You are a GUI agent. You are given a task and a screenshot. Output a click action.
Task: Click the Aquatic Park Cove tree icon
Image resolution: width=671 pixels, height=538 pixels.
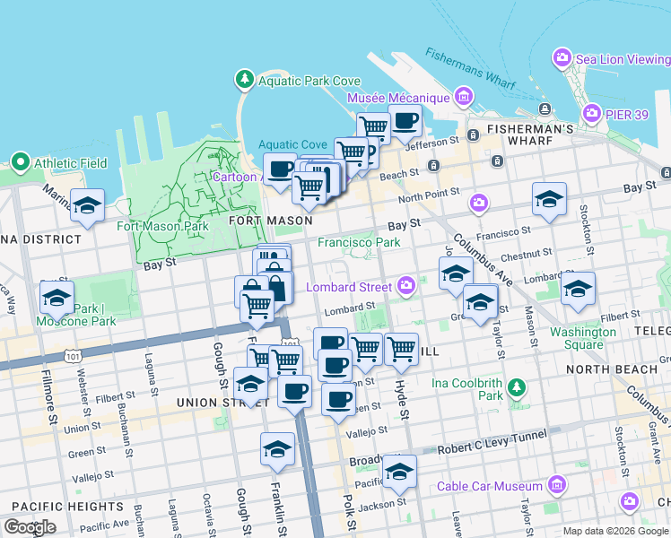pos(244,81)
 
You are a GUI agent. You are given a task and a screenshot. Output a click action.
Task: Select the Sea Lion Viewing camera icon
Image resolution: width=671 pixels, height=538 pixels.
pos(562,58)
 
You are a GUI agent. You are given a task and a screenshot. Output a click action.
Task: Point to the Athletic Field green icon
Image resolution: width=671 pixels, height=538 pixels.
pos(21,162)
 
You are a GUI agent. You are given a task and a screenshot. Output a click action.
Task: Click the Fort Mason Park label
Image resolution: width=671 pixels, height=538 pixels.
pos(162,226)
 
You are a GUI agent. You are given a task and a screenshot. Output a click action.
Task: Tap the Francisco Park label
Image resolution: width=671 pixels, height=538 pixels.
pos(359,242)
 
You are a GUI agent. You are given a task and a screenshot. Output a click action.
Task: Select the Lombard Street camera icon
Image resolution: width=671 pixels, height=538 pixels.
pos(407,286)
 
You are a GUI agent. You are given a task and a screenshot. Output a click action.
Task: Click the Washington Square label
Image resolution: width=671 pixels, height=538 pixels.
pos(583,338)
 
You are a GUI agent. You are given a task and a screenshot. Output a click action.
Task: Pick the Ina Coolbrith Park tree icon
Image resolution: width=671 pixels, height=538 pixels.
pos(516,387)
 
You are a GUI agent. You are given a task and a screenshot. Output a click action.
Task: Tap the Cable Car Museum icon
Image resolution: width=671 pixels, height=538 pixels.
pos(557,486)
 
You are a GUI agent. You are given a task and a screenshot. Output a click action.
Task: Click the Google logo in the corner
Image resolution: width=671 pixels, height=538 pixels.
pos(30,527)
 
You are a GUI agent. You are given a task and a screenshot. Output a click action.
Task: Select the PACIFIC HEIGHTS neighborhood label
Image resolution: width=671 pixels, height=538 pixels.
pos(48,507)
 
